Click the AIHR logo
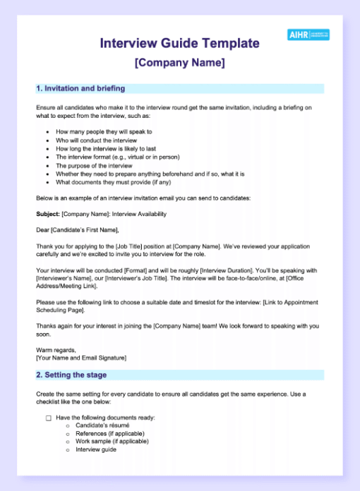pos(308,35)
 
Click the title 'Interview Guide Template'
pos(179,44)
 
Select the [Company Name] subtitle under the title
pos(179,63)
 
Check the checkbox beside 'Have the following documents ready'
pos(49,418)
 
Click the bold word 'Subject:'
pos(48,213)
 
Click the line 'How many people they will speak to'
pos(103,131)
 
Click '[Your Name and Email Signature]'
pos(81,358)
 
